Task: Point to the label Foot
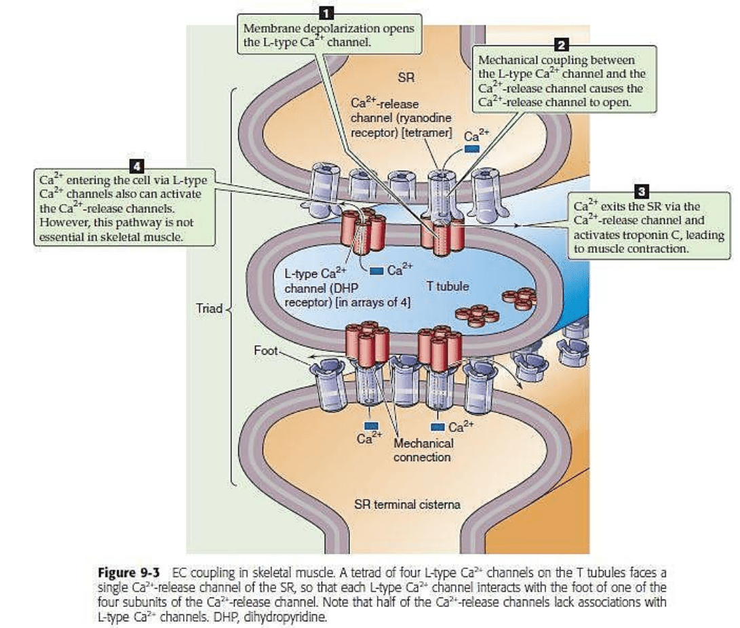coord(265,351)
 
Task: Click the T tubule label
coord(448,286)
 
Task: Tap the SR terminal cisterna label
coord(407,504)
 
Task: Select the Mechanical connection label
coord(423,450)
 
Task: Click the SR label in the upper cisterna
coord(406,78)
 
